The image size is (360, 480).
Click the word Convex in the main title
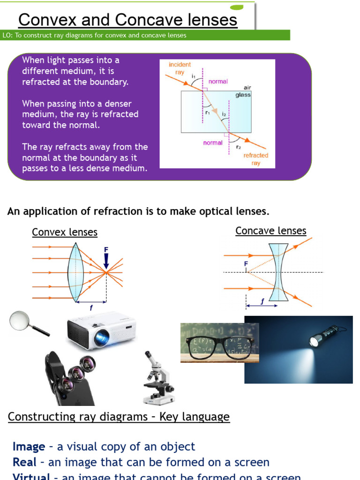pyautogui.click(x=49, y=20)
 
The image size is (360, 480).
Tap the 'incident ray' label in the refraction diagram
pyautogui.click(x=180, y=68)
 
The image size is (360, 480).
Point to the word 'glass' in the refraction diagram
pyautogui.click(x=243, y=95)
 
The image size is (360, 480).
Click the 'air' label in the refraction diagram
pyautogui.click(x=247, y=88)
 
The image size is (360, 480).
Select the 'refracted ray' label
pyautogui.click(x=255, y=159)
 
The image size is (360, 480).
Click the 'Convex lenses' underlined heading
pyautogui.click(x=65, y=232)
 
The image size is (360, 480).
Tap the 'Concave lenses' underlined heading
pyautogui.click(x=270, y=231)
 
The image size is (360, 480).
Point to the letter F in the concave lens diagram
pyautogui.click(x=246, y=264)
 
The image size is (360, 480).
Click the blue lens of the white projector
pyautogui.click(x=102, y=337)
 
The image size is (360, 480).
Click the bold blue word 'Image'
pyautogui.click(x=29, y=447)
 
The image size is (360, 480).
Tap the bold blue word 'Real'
pyautogui.click(x=24, y=463)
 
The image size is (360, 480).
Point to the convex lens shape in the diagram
pyautogui.click(x=75, y=272)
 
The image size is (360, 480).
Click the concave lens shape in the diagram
pyautogui.click(x=279, y=272)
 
